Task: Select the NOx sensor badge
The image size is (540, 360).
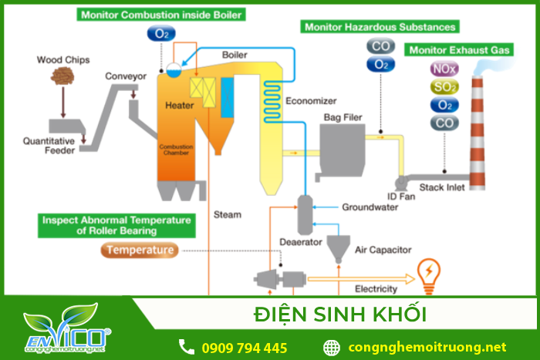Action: point(444,69)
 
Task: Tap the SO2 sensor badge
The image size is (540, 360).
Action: point(444,87)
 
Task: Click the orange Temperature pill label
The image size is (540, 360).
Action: point(140,250)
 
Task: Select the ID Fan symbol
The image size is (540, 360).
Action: point(400,183)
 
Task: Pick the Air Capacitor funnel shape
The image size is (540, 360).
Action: point(336,247)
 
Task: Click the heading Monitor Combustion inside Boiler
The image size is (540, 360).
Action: point(160,14)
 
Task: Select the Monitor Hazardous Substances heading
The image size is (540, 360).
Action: point(380,26)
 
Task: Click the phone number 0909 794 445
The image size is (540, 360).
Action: point(244,347)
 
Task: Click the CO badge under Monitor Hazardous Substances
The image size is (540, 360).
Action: point(381,46)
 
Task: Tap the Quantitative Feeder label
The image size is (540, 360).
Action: point(49,146)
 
